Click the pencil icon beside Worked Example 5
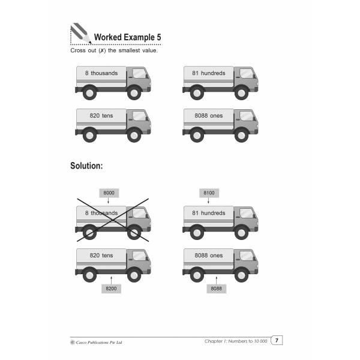click(80, 33)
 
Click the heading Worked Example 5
click(127, 37)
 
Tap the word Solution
click(86, 166)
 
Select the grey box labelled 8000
click(109, 193)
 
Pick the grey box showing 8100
click(209, 193)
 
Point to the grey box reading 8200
click(111, 289)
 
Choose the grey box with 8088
click(216, 289)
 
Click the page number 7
click(277, 340)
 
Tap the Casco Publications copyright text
click(97, 343)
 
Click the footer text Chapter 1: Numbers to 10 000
click(236, 341)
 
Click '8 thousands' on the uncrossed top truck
click(101, 73)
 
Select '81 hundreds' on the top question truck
click(209, 73)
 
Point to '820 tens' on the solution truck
click(101, 256)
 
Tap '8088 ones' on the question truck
click(209, 116)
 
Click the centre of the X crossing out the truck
click(113, 220)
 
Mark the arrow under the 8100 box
click(208, 200)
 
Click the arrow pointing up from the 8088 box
click(216, 280)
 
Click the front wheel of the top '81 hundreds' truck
click(242, 93)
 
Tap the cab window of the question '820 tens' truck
click(139, 116)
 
